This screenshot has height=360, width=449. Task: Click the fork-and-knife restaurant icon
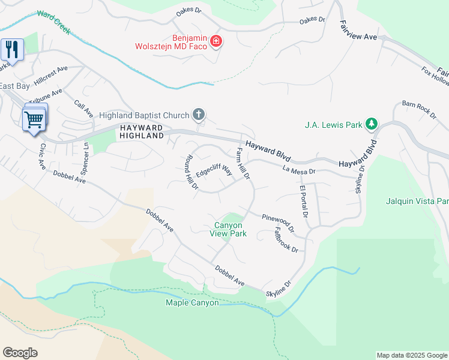pos(12,49)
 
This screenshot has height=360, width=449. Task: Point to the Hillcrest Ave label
pos(50,75)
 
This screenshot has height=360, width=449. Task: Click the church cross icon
pos(199,115)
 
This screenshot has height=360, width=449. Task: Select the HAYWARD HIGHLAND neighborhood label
pos(142,132)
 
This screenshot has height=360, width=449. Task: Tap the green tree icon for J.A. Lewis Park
pos(372,124)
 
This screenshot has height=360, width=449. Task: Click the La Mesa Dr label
pos(300,171)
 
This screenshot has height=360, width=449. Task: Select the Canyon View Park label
pos(228,229)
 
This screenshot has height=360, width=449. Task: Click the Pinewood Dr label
pos(278,222)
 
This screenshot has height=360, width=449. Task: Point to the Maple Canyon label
pos(192,302)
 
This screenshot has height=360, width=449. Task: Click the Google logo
pos(20,353)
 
